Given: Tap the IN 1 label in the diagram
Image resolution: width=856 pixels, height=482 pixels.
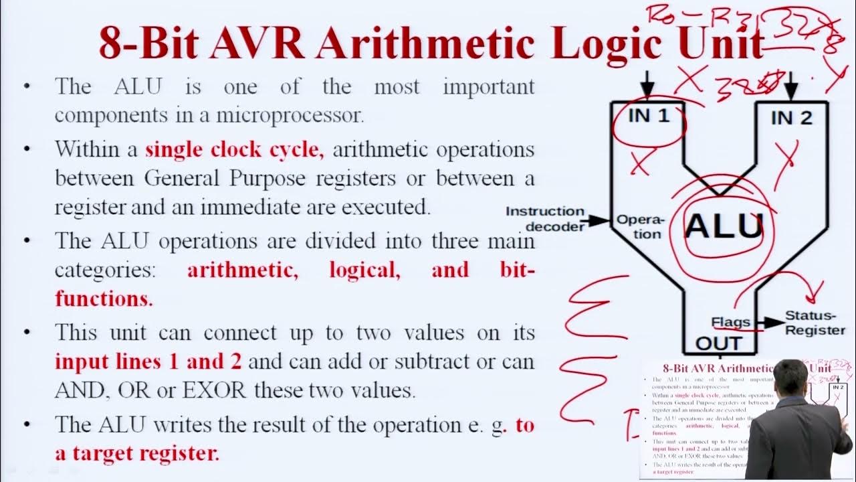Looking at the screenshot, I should pyautogui.click(x=648, y=115).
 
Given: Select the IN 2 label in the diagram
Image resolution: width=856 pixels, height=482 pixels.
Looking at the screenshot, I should pyautogui.click(x=791, y=118).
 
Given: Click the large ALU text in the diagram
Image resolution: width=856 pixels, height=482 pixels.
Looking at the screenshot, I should pyautogui.click(x=724, y=226).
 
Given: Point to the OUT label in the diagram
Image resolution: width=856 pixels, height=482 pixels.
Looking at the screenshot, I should pyautogui.click(x=719, y=344).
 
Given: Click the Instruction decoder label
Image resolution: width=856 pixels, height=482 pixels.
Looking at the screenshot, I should pyautogui.click(x=545, y=219).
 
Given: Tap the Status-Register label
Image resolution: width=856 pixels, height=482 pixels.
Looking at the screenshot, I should pyautogui.click(x=815, y=323).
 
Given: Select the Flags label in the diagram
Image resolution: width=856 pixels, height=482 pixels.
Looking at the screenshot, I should pyautogui.click(x=730, y=323).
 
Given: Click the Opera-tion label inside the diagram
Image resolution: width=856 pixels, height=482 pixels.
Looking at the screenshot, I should pyautogui.click(x=639, y=226).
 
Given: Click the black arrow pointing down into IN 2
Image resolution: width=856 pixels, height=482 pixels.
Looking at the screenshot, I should pyautogui.click(x=791, y=86).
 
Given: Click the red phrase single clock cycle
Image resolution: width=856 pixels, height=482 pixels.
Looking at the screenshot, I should pyautogui.click(x=234, y=149).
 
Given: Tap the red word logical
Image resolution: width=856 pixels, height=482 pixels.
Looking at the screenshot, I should pyautogui.click(x=364, y=270).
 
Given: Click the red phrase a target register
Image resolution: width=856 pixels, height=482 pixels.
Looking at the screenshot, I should pyautogui.click(x=136, y=453).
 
